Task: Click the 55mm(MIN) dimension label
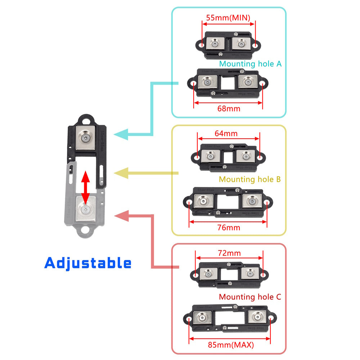pos(228,17)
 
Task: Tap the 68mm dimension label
pos(228,108)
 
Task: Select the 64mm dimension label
pos(226,134)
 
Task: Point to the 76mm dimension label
pos(229,228)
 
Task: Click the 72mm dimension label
pos(229,253)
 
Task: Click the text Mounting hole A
pos(250,64)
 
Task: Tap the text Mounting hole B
pos(249,179)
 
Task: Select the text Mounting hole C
pos(250,297)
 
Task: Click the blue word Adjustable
pos(88,263)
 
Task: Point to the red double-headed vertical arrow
pos(85,187)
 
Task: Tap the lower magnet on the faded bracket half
pos(86,209)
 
